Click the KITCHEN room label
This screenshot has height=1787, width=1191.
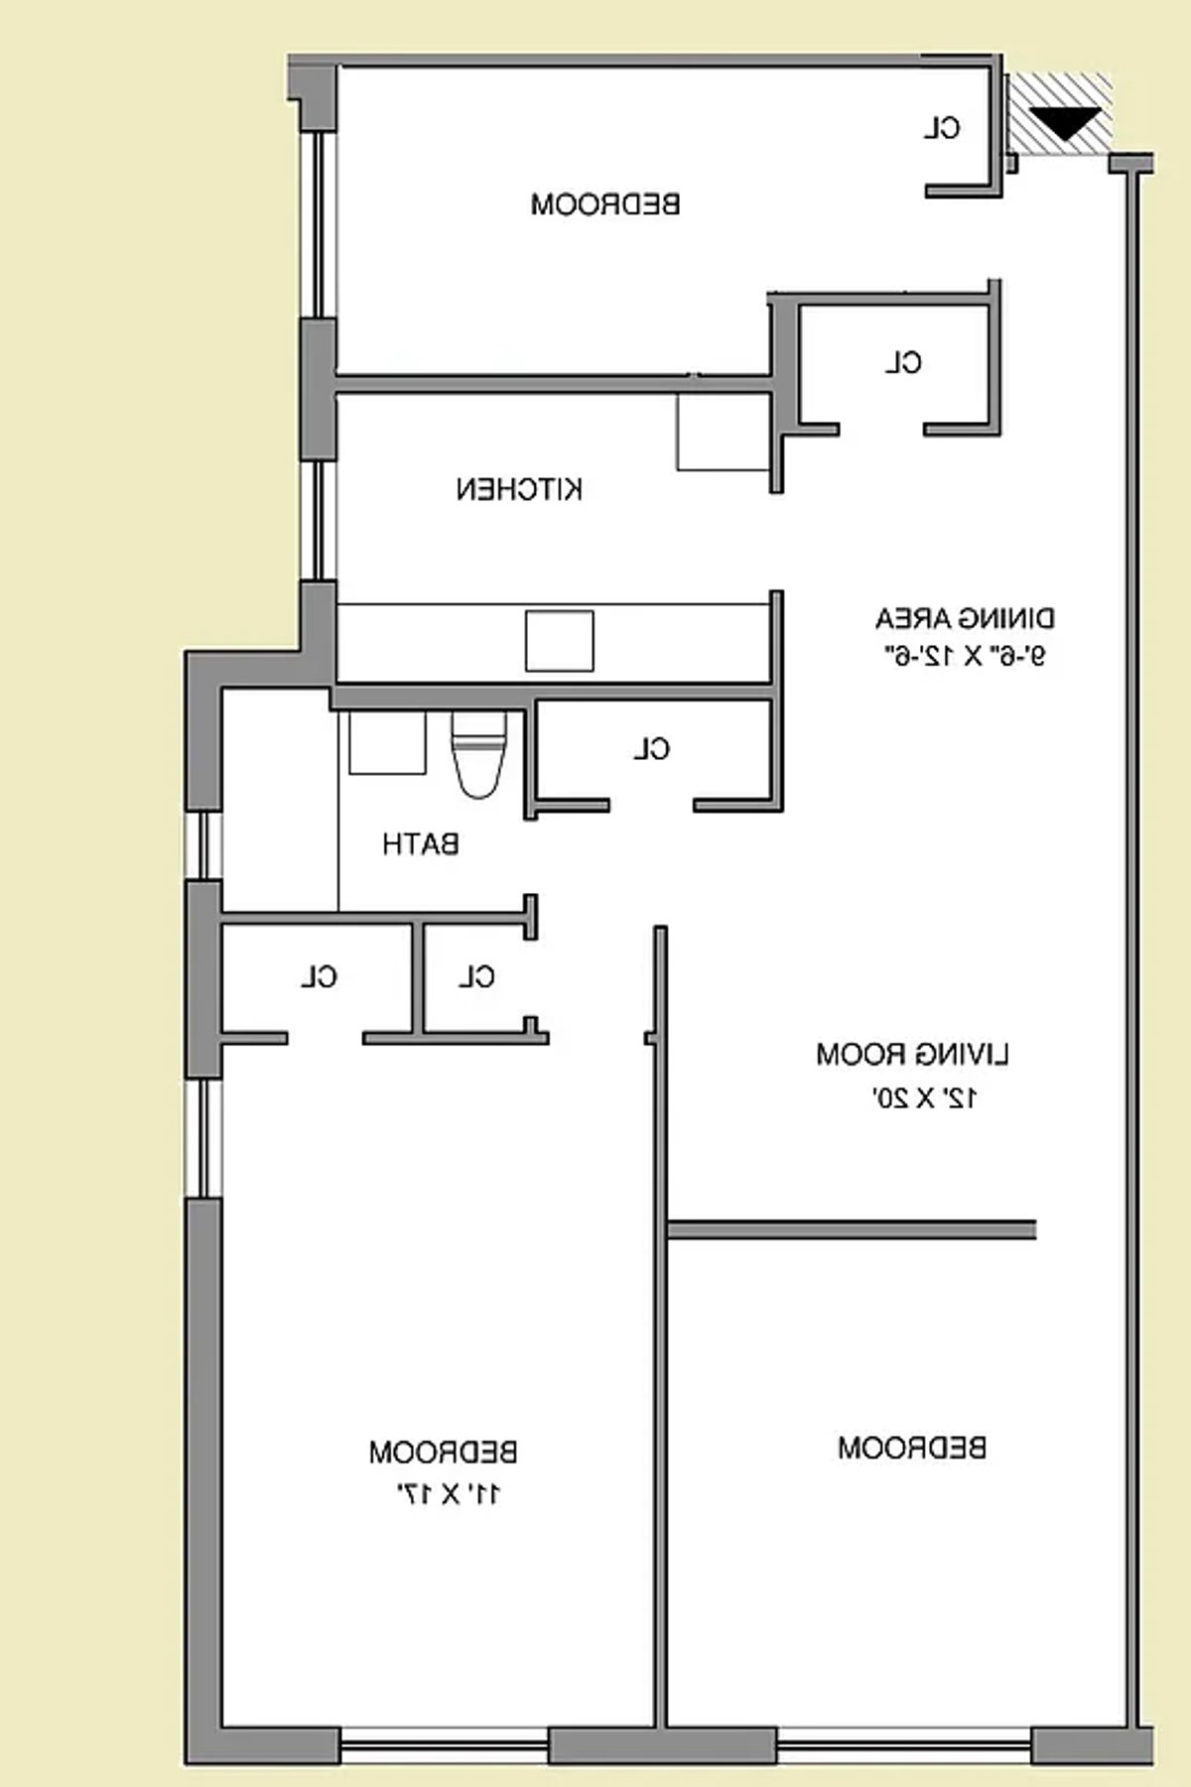click(x=519, y=489)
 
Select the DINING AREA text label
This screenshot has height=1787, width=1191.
click(x=965, y=619)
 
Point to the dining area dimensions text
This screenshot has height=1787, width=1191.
click(x=965, y=656)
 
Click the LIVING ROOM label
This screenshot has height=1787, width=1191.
click(x=912, y=1054)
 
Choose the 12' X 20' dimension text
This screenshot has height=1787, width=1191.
click(x=925, y=1097)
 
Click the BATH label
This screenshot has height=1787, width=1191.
click(x=421, y=844)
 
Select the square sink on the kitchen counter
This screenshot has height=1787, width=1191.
click(x=560, y=641)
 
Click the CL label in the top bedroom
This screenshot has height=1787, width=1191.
click(x=943, y=128)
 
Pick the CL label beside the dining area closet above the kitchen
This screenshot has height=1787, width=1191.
click(x=903, y=363)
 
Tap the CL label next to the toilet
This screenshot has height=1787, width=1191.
click(x=652, y=749)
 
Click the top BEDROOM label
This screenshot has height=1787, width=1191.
click(x=605, y=205)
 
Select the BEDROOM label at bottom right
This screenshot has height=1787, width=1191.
click(x=912, y=1448)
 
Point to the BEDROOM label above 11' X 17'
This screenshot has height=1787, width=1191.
click(x=443, y=1453)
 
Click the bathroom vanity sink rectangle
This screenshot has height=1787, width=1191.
click(x=387, y=742)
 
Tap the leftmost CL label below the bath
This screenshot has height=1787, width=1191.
click(x=320, y=977)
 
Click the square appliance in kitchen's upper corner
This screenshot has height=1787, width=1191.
click(x=723, y=432)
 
